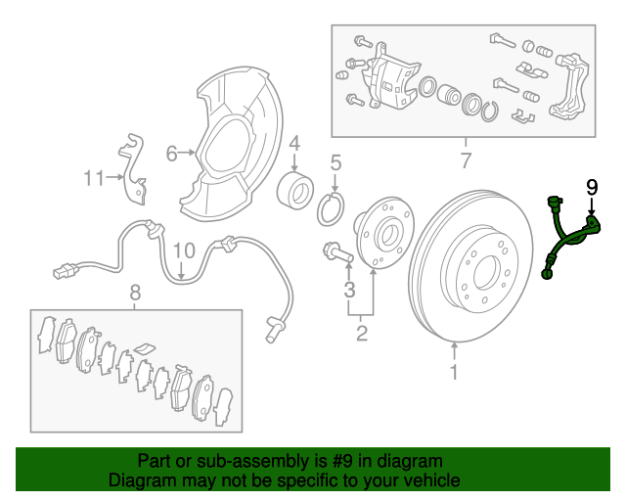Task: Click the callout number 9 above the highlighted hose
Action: point(592,187)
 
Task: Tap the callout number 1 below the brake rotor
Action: point(454,372)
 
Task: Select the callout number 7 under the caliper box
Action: point(466,160)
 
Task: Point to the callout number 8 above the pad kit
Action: point(135,293)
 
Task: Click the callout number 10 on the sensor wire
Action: point(184,250)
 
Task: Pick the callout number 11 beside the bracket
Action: point(94,178)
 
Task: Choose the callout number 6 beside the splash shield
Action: point(172,154)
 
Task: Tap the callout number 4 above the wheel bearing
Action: point(294,144)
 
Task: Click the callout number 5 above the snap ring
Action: point(335,163)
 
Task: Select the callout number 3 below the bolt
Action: point(349,290)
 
